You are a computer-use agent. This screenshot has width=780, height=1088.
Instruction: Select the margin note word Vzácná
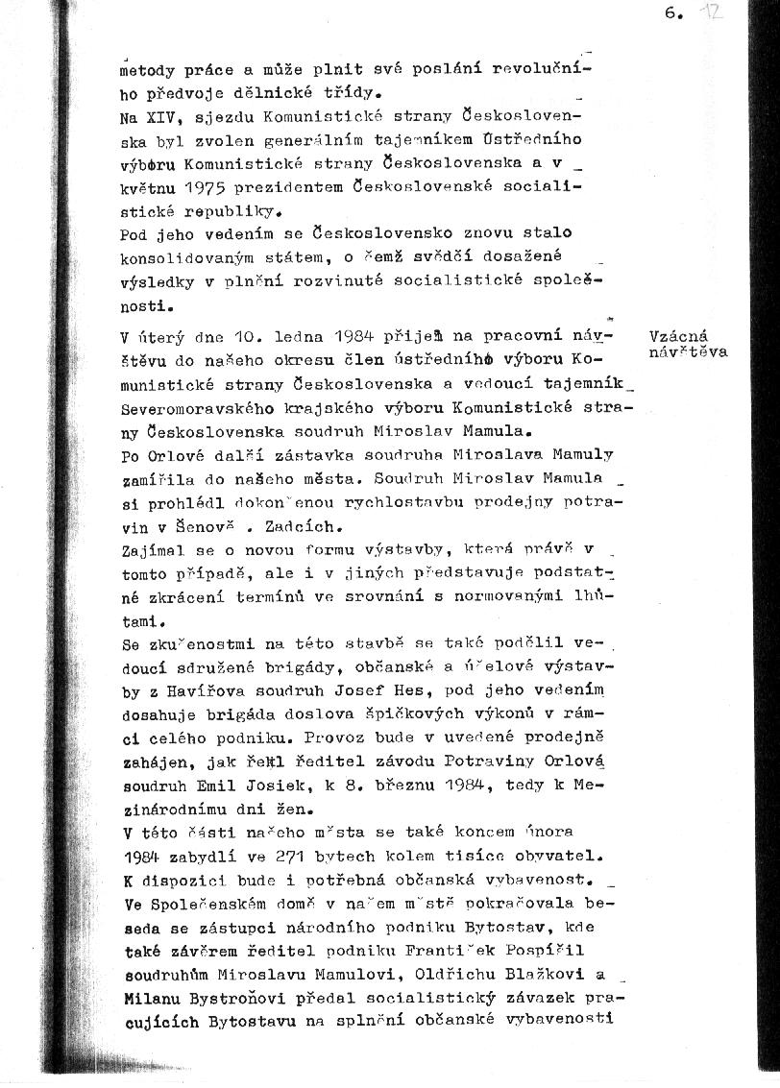(x=678, y=336)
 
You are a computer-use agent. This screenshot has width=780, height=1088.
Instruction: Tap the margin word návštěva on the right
(x=689, y=352)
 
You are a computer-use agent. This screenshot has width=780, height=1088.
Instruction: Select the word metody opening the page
(x=146, y=70)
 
